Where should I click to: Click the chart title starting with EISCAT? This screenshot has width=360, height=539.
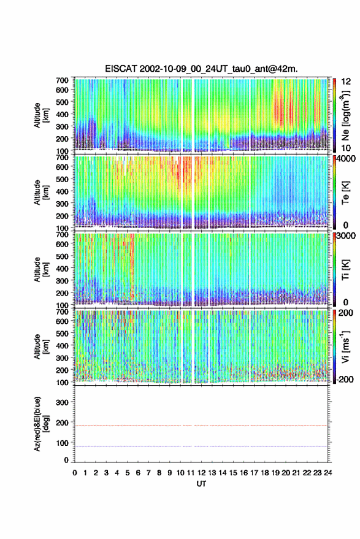201,69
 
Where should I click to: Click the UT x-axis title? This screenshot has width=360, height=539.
201,484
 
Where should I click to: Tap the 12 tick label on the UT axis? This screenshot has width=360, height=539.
201,473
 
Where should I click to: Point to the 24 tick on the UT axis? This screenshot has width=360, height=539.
327,473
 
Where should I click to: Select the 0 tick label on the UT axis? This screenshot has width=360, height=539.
75,473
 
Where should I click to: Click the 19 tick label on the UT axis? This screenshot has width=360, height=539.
275,473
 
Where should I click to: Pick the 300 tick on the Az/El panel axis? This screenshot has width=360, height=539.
63,402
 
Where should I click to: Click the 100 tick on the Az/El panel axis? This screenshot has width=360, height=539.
63,443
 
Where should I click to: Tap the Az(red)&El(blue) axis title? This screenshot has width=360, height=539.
41,424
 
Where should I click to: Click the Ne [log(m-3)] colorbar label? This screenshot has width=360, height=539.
345,115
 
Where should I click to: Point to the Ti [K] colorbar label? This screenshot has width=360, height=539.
345,270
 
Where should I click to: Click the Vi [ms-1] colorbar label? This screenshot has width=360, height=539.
345,346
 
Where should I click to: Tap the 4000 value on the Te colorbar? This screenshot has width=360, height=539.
347,159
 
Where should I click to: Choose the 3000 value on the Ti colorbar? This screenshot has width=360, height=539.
347,236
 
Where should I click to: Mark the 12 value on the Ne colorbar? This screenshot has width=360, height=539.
347,81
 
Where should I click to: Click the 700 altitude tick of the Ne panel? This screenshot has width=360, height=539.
62,80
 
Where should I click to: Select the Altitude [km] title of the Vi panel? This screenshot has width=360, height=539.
41,346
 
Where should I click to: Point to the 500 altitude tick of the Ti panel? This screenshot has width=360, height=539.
62,256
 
